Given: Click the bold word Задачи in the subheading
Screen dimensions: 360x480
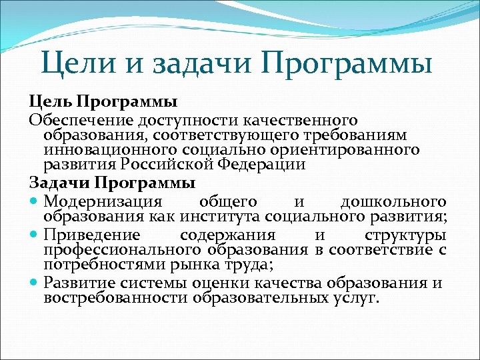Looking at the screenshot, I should [x=60, y=182].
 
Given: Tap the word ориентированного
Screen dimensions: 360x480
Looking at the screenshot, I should [x=355, y=150].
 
